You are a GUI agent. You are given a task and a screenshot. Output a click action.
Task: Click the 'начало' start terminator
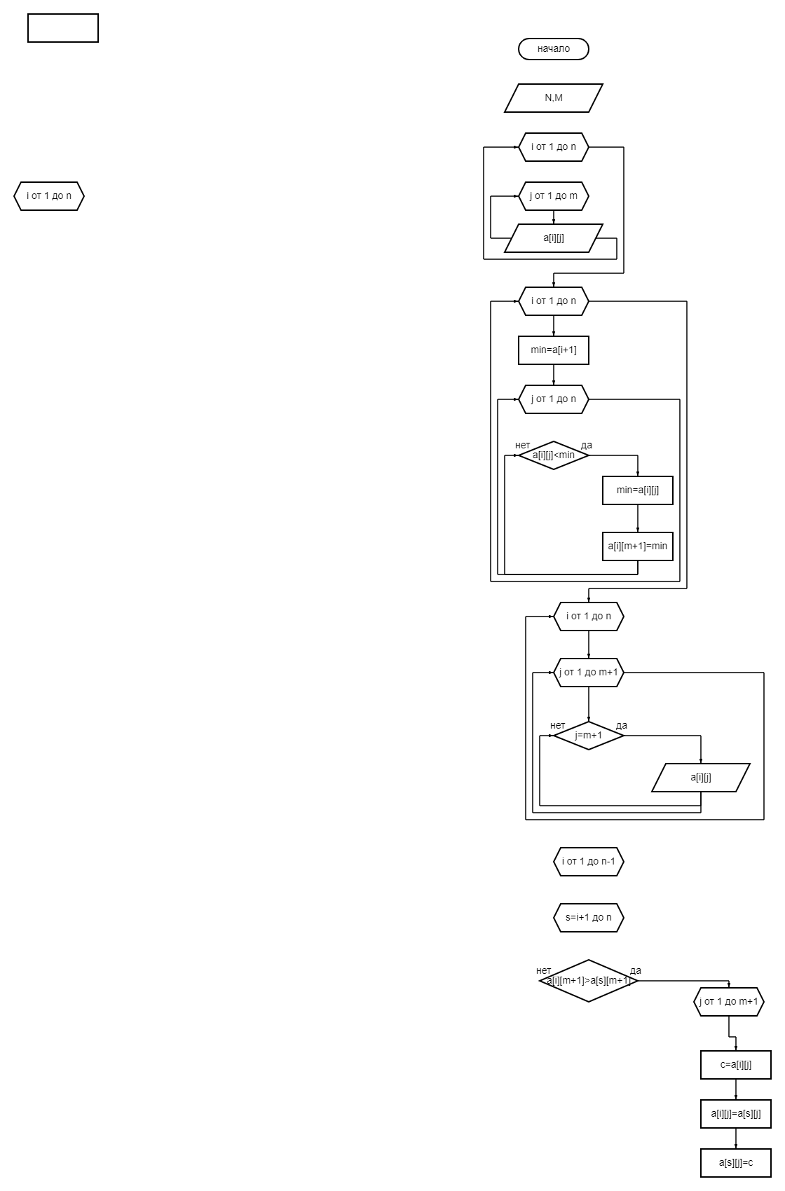pyautogui.click(x=553, y=49)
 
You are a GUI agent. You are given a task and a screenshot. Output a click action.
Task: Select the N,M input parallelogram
pyautogui.click(x=553, y=98)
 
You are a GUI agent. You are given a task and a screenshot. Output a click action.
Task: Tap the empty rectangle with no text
pyautogui.click(x=63, y=27)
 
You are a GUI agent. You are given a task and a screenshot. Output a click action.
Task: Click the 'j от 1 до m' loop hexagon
pyautogui.click(x=553, y=196)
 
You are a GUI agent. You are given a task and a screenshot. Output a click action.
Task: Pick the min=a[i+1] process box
pyautogui.click(x=553, y=350)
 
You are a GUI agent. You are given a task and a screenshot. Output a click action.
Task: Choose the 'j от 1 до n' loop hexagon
pyautogui.click(x=553, y=399)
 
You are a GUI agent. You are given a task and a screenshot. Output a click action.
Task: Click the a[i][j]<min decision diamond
pyautogui.click(x=553, y=455)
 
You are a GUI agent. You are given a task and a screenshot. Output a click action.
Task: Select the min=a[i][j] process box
pyautogui.click(x=637, y=490)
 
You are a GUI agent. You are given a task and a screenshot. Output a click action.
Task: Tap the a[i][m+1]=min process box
pyautogui.click(x=637, y=546)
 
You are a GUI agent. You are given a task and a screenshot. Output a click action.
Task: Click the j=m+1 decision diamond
pyautogui.click(x=588, y=736)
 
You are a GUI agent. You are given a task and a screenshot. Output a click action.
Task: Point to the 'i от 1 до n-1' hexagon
pyautogui.click(x=588, y=861)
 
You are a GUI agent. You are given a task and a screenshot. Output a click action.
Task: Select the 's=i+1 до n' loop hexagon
pyautogui.click(x=588, y=918)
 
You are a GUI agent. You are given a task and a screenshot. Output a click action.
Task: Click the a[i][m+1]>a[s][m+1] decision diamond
pyautogui.click(x=588, y=980)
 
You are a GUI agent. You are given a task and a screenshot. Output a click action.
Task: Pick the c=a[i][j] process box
pyautogui.click(x=735, y=1064)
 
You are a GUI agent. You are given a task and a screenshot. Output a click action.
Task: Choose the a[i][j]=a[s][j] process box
pyautogui.click(x=735, y=1114)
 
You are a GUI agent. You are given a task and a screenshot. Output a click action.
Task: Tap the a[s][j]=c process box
pyautogui.click(x=735, y=1163)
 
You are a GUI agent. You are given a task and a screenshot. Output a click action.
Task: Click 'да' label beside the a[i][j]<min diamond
pyautogui.click(x=586, y=445)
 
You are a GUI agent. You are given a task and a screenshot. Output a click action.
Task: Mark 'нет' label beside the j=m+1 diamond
pyautogui.click(x=557, y=725)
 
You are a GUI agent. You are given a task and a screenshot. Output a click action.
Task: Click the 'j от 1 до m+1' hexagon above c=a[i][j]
pyautogui.click(x=729, y=1002)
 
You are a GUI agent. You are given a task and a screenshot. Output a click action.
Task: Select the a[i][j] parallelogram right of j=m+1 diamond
pyautogui.click(x=700, y=778)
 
